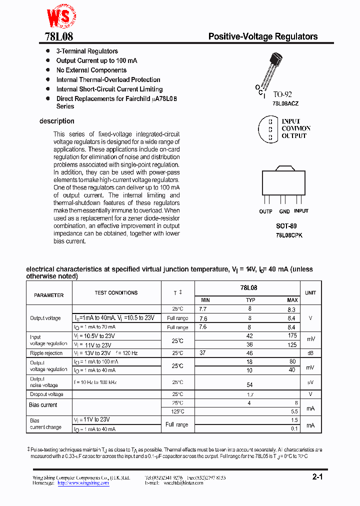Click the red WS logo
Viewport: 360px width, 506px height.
59,18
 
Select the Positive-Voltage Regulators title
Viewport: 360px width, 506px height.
262,36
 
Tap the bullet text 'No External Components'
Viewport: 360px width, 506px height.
91,70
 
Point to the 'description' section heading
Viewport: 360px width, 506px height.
57,121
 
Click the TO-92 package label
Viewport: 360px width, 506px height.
282,94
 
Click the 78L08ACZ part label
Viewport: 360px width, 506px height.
285,103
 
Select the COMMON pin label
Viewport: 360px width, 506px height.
295,128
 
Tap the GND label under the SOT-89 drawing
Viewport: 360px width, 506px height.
284,211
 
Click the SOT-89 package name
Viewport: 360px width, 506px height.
286,226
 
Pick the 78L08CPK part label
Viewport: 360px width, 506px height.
289,235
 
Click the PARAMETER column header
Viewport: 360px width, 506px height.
48,295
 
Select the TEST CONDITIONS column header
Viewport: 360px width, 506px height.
116,293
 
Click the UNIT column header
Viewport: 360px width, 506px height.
310,293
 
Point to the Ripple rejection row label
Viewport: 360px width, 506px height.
46,353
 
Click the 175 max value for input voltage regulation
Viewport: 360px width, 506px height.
292,335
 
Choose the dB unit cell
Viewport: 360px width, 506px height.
310,353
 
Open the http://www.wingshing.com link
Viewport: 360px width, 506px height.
83,483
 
